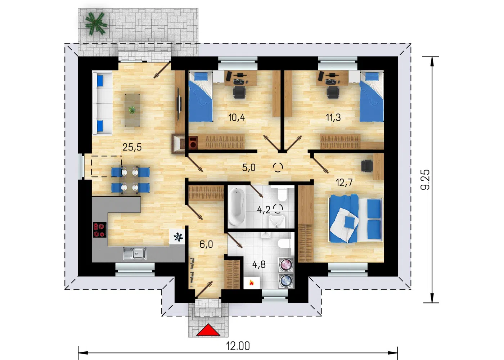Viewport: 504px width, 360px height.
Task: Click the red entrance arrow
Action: coord(208,330)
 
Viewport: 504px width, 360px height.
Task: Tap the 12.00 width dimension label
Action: coord(238,346)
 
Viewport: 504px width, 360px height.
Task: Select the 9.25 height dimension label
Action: coord(425,180)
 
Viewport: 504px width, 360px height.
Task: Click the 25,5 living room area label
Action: coord(132,147)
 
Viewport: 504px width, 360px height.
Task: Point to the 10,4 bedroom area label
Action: coord(237,117)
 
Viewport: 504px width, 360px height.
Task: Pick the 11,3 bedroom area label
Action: coord(333,117)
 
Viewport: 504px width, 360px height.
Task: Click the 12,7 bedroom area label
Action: coord(344,183)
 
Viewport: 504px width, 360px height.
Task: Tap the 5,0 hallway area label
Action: coord(249,167)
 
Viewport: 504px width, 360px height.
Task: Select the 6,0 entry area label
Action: coord(206,244)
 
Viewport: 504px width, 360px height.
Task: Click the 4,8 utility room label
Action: coord(259,264)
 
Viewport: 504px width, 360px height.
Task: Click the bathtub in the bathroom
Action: coord(237,207)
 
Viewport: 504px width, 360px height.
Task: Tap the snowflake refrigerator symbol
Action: coord(178,237)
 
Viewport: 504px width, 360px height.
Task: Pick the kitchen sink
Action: coord(135,253)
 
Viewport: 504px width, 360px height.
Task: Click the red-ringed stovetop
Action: coord(100,230)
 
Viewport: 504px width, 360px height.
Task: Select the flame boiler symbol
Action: coord(252,283)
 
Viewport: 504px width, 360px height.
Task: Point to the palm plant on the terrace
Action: coord(96,23)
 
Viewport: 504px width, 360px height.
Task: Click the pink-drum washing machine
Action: coord(286,265)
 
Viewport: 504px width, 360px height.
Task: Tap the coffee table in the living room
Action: coord(132,110)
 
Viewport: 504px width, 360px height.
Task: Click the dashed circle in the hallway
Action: coord(278,167)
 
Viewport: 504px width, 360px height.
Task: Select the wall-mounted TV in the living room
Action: coord(178,104)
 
